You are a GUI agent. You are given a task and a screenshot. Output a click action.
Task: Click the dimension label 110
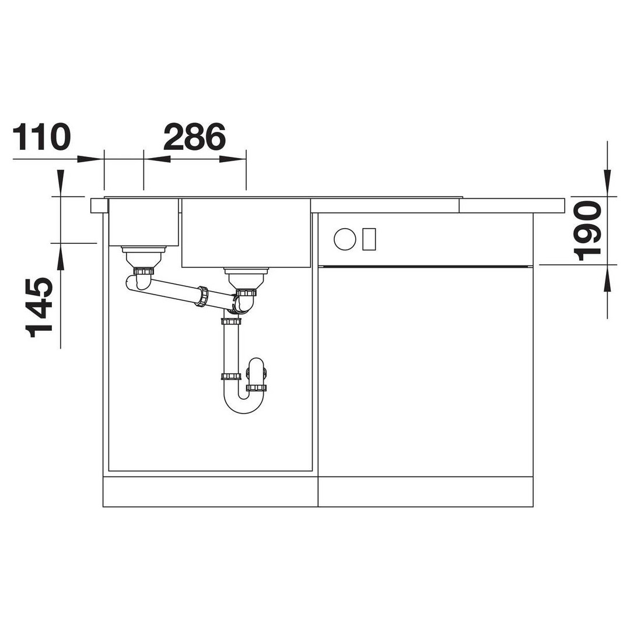click(42, 138)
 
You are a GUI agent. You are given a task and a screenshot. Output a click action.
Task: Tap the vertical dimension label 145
click(39, 307)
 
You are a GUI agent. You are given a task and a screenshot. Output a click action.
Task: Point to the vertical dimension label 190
click(587, 231)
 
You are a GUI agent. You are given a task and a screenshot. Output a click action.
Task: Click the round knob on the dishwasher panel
click(345, 239)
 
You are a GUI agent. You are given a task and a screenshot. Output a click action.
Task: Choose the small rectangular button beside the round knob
click(369, 239)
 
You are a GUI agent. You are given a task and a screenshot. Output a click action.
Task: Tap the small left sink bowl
click(144, 222)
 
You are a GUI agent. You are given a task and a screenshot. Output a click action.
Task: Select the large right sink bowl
click(246, 233)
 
